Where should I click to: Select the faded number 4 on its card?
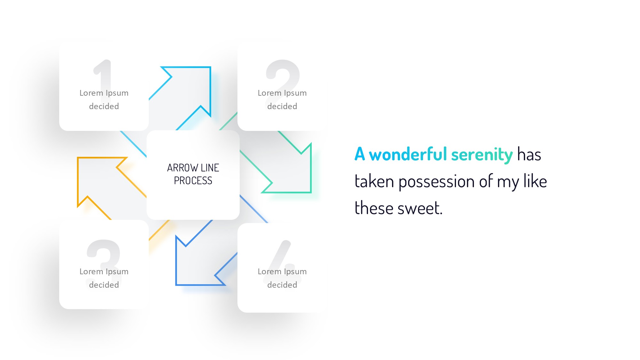click(x=282, y=261)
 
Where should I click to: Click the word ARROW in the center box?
click(x=182, y=168)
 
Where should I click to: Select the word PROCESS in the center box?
click(x=193, y=180)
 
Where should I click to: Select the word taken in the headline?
click(x=374, y=181)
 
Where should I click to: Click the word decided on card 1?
click(x=104, y=106)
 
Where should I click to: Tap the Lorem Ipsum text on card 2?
click(x=282, y=93)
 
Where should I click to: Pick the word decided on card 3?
click(x=104, y=285)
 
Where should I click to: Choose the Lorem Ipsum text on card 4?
click(x=282, y=272)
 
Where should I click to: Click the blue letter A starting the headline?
click(x=360, y=154)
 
